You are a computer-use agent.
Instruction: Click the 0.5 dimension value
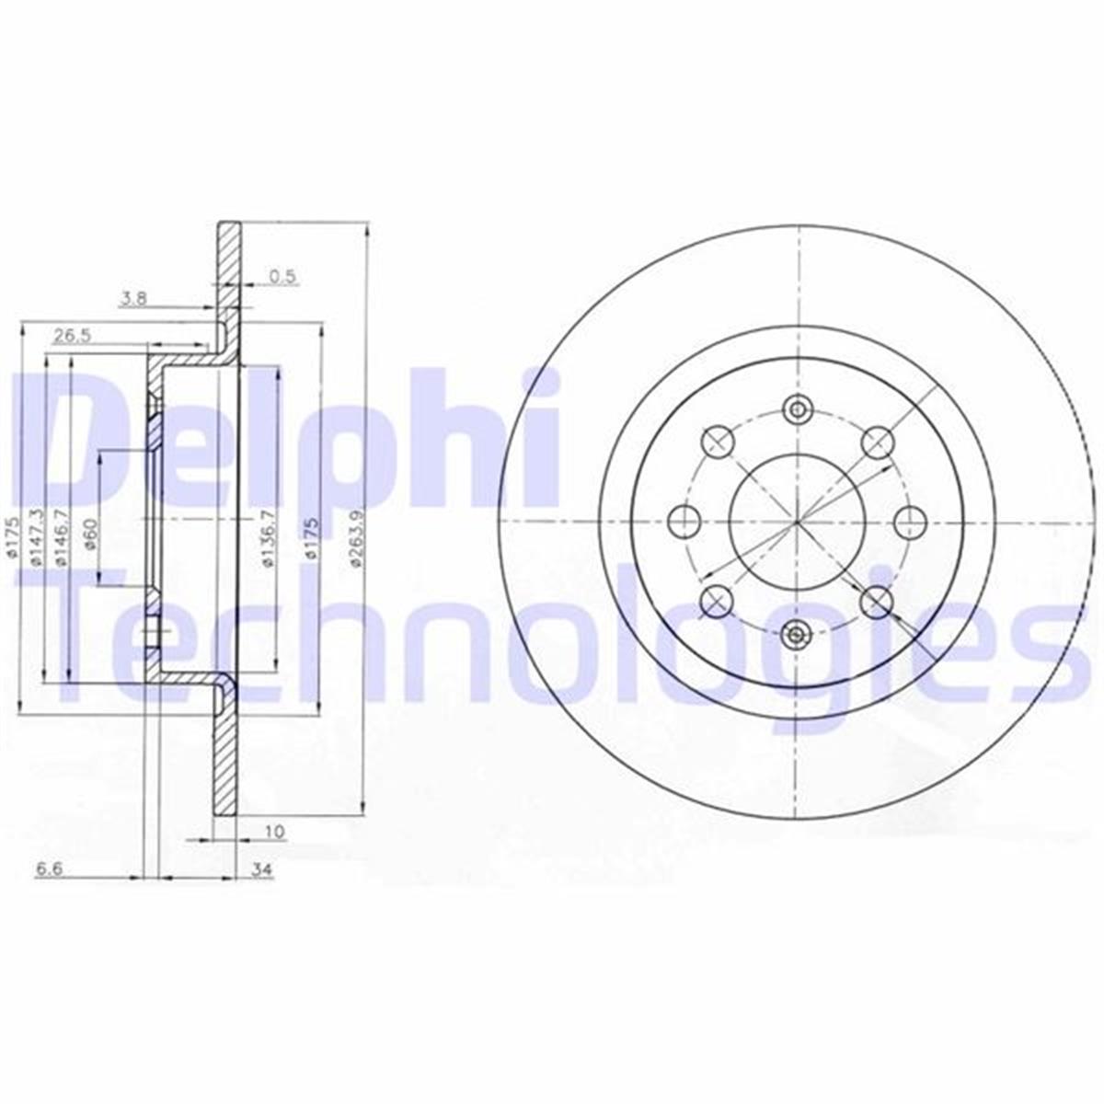(x=282, y=276)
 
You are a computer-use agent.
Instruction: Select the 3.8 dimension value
(x=132, y=297)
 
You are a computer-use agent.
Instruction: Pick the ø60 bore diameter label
(x=89, y=533)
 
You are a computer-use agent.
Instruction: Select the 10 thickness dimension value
(x=274, y=832)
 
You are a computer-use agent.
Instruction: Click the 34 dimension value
(x=263, y=869)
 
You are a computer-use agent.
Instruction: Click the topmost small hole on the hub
(x=797, y=409)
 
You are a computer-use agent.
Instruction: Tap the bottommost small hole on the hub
(x=797, y=633)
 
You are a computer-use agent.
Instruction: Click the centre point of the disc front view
(x=797, y=522)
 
